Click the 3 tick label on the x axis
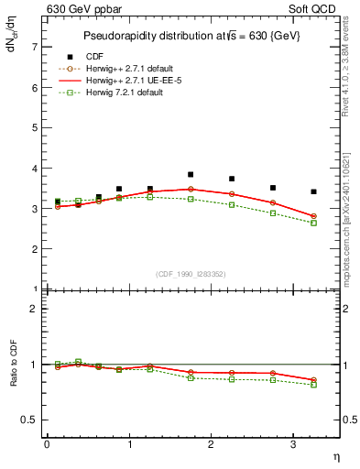pos(294,444)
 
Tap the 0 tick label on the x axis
pos(47,444)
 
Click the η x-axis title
pos(335,455)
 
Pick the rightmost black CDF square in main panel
pos(314,191)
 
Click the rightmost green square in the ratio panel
pos(314,385)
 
